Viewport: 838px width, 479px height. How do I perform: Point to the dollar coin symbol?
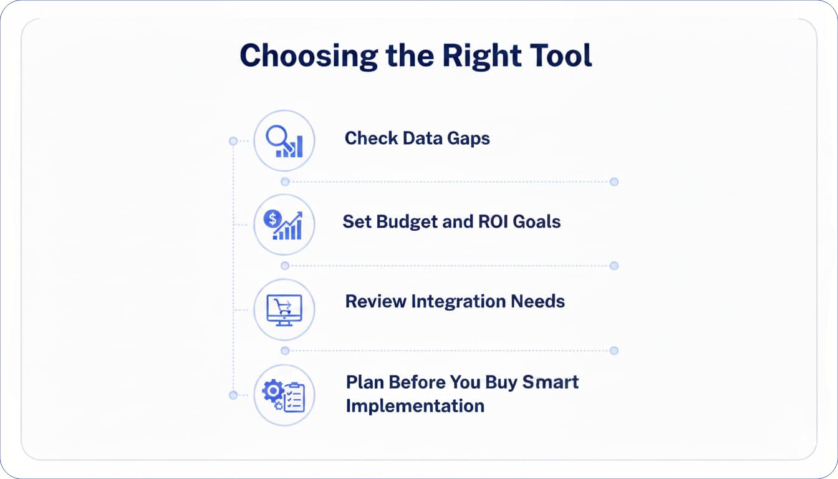tap(272, 218)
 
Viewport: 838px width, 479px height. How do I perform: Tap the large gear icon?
tap(273, 391)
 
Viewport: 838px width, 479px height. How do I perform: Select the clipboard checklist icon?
tap(294, 397)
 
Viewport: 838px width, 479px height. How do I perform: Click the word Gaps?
tap(468, 139)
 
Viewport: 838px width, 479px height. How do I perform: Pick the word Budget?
tap(407, 221)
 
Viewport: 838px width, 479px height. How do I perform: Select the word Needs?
tap(538, 301)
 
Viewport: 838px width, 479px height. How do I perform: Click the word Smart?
tap(551, 382)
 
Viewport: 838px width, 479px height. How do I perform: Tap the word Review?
tap(375, 301)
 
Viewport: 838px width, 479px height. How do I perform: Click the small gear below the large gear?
tap(278, 405)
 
